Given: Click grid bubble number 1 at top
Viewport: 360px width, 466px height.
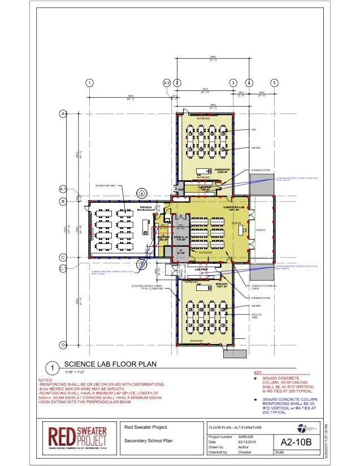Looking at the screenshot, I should click(x=89, y=82).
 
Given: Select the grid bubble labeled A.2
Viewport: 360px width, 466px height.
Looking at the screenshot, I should click(x=167, y=82).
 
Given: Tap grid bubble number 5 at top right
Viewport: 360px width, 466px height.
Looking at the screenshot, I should click(x=274, y=82).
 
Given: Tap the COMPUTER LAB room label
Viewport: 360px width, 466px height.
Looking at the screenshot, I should click(x=232, y=210).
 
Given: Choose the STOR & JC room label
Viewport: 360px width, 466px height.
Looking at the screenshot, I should click(x=180, y=239).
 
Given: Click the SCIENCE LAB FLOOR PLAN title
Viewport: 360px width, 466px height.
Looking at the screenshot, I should click(x=110, y=364).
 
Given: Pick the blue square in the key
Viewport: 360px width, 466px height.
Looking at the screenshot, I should click(x=257, y=399).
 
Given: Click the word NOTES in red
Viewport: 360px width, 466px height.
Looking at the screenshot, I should click(x=45, y=380).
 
